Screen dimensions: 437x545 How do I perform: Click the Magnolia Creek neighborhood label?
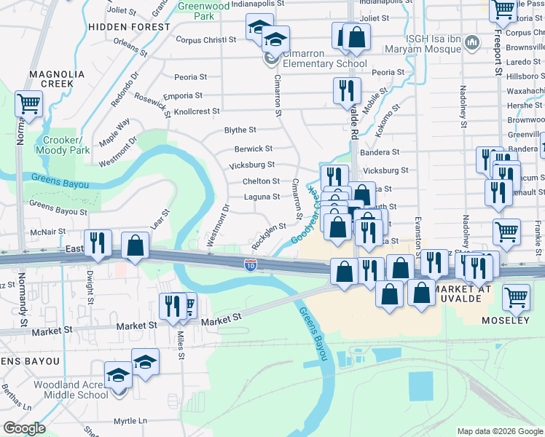coord(51,79)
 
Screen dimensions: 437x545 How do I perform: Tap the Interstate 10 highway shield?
coord(250,265)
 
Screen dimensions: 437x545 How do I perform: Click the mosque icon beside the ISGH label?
coord(471,44)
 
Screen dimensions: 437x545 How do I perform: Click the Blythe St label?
coord(240,130)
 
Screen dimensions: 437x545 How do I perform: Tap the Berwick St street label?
coord(253,149)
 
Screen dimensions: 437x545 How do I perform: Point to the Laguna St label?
coord(261,197)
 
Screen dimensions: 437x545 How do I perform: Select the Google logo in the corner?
coord(24,428)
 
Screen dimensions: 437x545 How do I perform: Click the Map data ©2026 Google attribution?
coord(500,431)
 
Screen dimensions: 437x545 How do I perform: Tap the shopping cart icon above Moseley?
coord(516,296)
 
